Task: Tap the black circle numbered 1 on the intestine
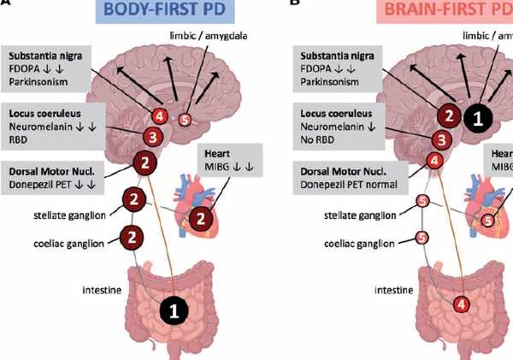[174, 313]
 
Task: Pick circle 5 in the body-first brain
[185, 119]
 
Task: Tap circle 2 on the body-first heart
[200, 220]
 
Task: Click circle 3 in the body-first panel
[150, 137]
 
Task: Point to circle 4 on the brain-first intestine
[461, 304]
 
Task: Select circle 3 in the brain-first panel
[441, 139]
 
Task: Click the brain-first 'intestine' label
[394, 289]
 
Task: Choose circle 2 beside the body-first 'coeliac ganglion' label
[132, 234]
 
